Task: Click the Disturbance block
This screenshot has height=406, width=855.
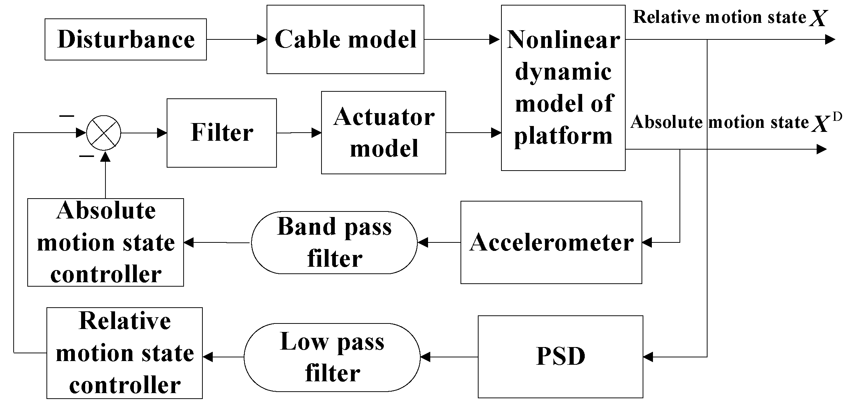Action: tap(125, 39)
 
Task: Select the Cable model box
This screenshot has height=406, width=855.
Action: tap(345, 39)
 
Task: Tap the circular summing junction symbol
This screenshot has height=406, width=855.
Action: tap(104, 133)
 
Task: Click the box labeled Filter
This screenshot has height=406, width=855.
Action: tap(222, 133)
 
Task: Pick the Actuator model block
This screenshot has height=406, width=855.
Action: tap(383, 133)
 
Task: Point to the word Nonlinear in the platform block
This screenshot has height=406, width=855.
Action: tap(563, 39)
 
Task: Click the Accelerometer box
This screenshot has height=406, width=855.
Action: tap(551, 242)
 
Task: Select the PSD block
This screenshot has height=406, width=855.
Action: tap(560, 357)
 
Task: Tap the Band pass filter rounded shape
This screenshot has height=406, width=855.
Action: tap(334, 242)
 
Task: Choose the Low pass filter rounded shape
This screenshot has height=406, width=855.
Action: tap(332, 357)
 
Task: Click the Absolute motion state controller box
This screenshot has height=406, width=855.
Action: tap(105, 242)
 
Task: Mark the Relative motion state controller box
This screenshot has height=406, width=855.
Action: tap(125, 353)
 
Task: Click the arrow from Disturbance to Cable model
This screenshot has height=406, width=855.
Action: tap(236, 39)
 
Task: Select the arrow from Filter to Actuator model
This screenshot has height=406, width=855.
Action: tap(299, 133)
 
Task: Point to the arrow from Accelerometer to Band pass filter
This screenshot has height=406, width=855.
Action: tap(439, 242)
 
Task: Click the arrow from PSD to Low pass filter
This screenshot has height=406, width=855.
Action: tap(449, 357)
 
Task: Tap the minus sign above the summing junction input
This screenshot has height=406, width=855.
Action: tap(66, 116)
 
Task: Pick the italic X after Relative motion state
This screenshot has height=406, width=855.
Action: tap(818, 18)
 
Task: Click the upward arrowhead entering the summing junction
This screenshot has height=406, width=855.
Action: tap(105, 158)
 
